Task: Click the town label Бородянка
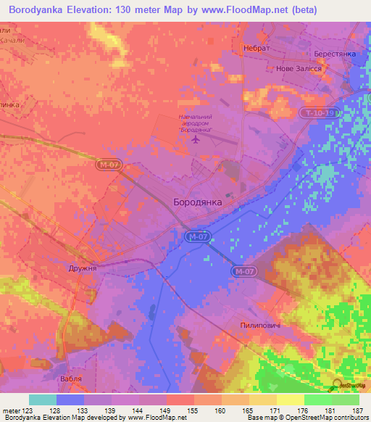coord(198,202)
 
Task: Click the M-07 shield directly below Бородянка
coord(196,236)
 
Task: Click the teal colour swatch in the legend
coord(42,400)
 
